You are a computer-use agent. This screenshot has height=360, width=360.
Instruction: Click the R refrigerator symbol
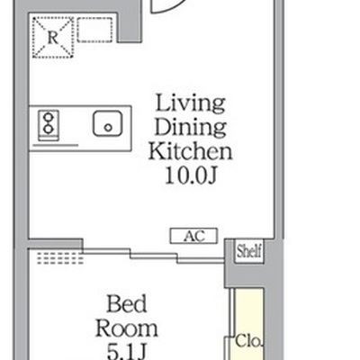click(53, 37)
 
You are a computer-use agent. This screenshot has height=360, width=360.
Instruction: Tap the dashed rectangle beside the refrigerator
click(94, 30)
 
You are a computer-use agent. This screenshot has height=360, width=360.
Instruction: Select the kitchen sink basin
click(108, 123)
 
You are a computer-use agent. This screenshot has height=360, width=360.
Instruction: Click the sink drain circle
click(108, 128)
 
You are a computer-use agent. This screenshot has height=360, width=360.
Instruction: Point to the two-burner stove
click(49, 126)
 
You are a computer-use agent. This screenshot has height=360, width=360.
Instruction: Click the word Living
click(191, 104)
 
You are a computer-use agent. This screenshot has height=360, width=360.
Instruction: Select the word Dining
click(190, 128)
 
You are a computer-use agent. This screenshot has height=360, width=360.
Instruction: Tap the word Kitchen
click(190, 151)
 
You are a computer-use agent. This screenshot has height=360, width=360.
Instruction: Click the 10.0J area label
click(191, 175)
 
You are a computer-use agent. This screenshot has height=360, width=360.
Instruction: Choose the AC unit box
click(193, 236)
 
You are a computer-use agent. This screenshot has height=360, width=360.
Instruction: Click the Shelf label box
click(248, 251)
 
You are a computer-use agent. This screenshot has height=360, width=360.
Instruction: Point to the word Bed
click(127, 303)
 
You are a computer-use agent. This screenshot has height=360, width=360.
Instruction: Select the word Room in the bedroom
click(127, 328)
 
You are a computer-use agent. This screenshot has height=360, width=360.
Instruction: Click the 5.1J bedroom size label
click(126, 352)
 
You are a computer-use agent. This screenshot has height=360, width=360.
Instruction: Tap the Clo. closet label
click(248, 341)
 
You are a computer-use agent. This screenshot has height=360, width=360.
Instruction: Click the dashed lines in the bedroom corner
click(60, 258)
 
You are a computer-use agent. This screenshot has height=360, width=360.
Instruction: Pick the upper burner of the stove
click(48, 117)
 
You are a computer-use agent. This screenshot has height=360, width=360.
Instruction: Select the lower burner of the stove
click(48, 130)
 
